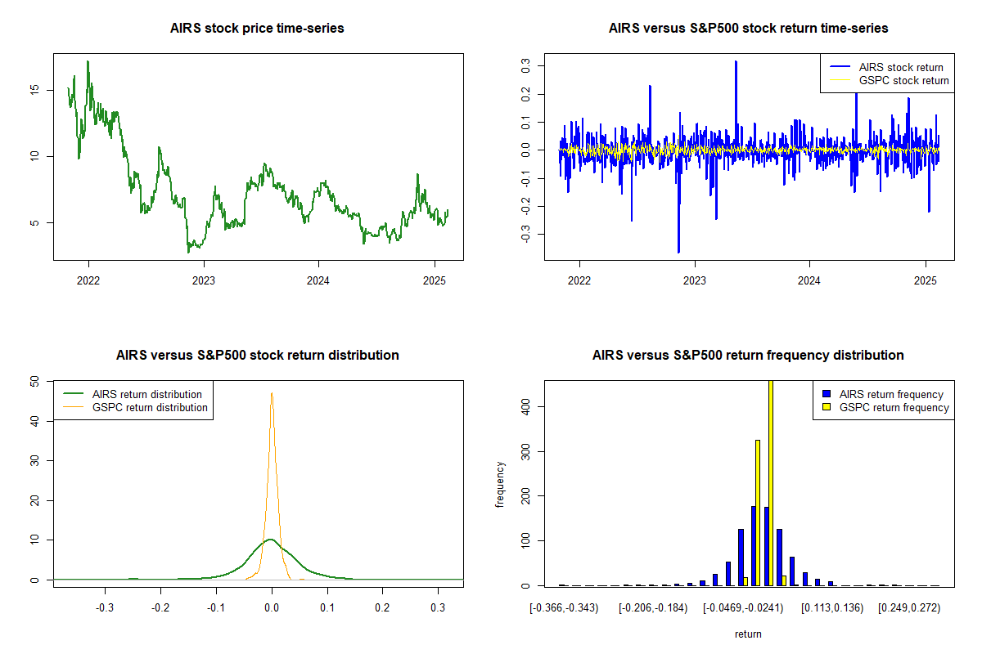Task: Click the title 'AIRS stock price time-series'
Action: (257, 29)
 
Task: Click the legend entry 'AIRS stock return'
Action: (901, 67)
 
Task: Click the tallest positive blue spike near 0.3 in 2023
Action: (736, 62)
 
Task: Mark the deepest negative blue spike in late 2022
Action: (678, 251)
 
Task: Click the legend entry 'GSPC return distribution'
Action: (150, 407)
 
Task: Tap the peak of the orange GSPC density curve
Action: (272, 393)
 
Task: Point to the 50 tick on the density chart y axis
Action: (34, 381)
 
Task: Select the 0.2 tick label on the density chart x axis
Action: (382, 608)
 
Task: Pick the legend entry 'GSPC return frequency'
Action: (894, 407)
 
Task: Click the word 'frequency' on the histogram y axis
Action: (500, 485)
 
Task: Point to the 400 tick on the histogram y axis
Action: (526, 406)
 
